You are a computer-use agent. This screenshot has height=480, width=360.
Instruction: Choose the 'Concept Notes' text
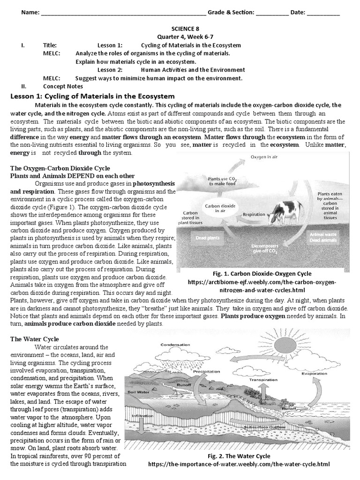coord(63,86)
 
